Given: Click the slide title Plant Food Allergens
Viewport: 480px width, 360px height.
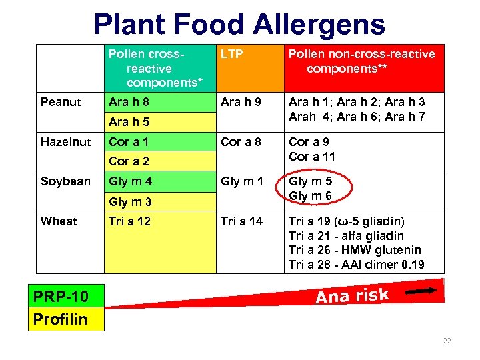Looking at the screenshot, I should click(239, 25).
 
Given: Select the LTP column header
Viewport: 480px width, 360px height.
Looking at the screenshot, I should click(231, 54).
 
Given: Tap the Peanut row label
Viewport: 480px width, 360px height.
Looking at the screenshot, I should click(61, 102).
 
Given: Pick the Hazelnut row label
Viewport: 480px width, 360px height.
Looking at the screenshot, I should click(65, 141).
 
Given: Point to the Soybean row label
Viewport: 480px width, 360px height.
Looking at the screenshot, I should click(65, 181).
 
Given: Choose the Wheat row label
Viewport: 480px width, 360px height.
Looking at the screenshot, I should click(59, 221).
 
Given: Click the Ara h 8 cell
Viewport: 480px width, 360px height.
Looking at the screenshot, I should click(129, 102).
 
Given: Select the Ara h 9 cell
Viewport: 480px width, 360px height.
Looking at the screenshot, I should click(241, 102).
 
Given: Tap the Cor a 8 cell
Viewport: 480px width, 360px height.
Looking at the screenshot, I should click(241, 141).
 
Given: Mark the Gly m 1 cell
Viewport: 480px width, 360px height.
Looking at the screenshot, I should click(242, 181).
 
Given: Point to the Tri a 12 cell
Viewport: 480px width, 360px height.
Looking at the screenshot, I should click(129, 221).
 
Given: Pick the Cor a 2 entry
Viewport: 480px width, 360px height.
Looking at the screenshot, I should click(129, 161).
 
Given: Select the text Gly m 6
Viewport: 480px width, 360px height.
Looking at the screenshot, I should click(310, 196).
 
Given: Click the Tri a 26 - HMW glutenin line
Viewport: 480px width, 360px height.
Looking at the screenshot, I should click(355, 250).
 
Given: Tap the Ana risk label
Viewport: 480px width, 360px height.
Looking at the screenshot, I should click(351, 294).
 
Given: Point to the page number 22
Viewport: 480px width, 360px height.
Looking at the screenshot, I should click(447, 341).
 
